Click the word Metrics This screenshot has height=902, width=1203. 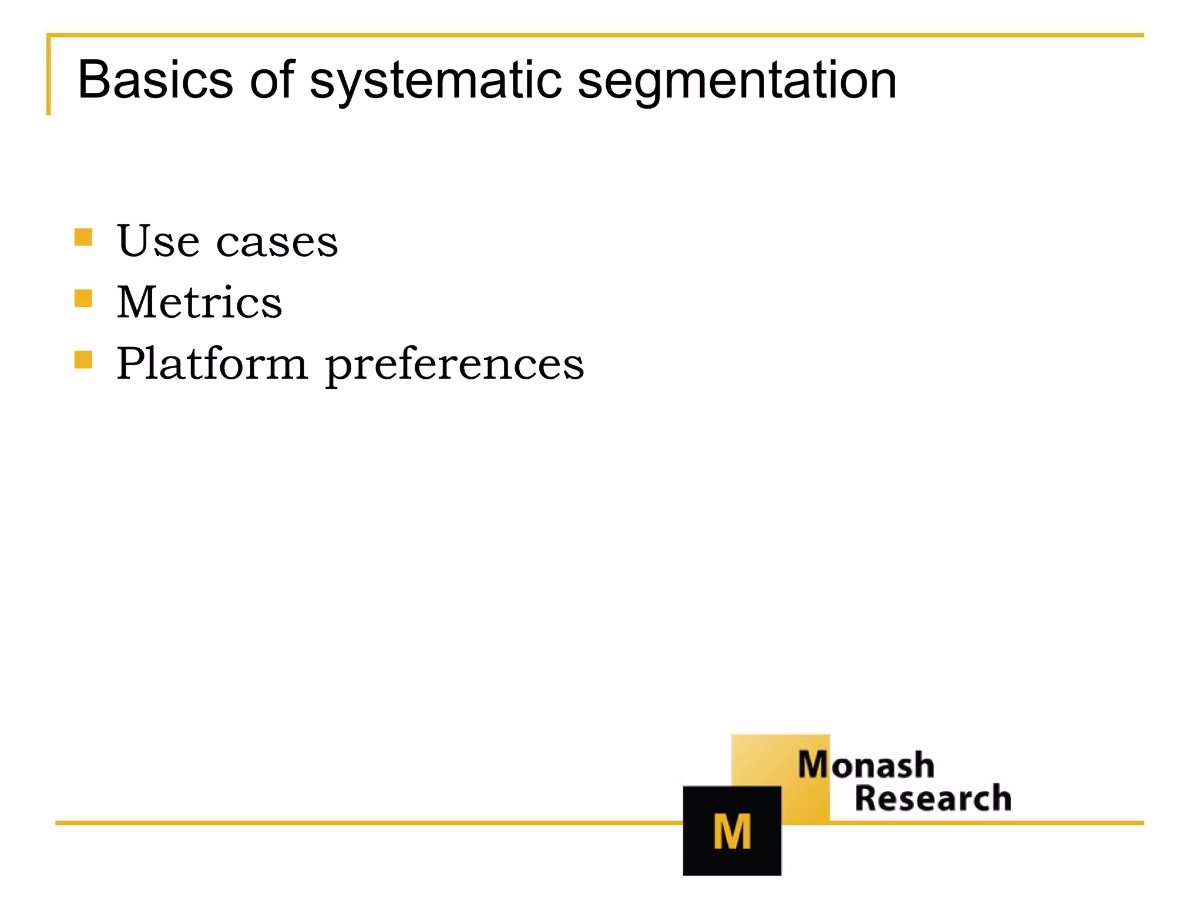(x=199, y=302)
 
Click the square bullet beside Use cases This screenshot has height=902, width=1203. (x=83, y=237)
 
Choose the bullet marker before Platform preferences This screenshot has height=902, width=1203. (x=83, y=359)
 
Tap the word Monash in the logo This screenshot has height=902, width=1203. (x=866, y=765)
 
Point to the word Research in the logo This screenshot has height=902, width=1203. (x=933, y=799)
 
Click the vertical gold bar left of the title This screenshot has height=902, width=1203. (x=49, y=75)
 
